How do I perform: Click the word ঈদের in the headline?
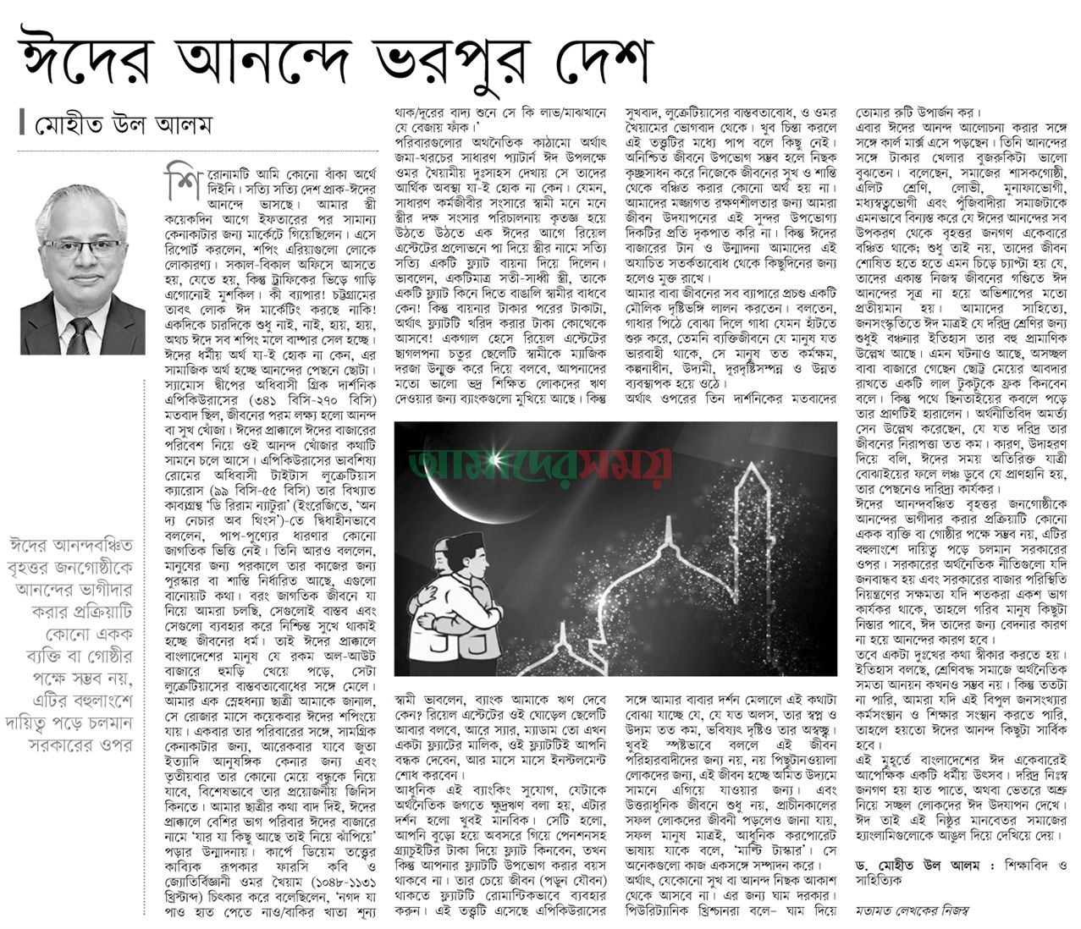click(80, 60)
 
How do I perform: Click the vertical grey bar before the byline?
click(22, 124)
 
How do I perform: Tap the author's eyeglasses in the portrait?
click(82, 247)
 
